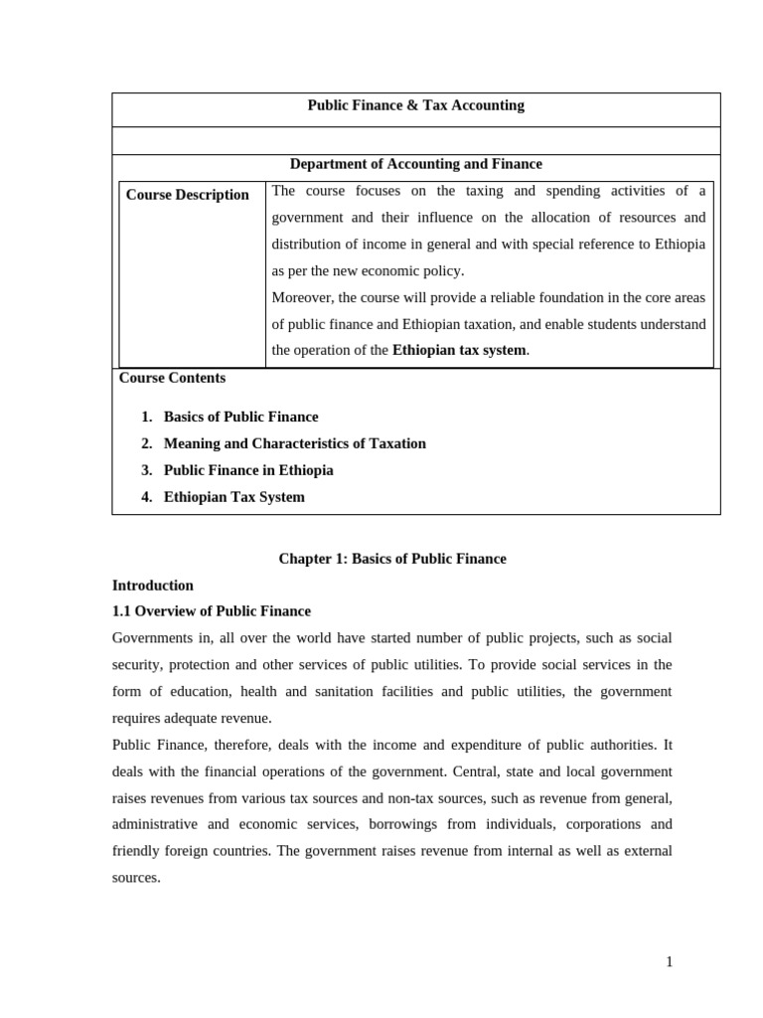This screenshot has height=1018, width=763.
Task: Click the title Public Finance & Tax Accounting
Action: (415, 105)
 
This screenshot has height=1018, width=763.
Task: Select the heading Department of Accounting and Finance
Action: (415, 164)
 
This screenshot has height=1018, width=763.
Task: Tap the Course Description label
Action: (187, 195)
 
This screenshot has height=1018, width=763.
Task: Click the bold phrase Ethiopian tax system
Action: (459, 350)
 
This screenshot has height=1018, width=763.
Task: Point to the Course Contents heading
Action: (172, 378)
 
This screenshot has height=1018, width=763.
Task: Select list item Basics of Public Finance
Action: (240, 417)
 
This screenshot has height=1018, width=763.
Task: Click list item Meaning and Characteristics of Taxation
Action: (294, 443)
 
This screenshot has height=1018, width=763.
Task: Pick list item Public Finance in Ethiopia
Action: (248, 470)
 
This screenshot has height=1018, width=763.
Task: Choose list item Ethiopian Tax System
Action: (233, 497)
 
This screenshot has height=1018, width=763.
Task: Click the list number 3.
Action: (146, 470)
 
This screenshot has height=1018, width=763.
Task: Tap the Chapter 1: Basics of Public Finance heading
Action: (391, 559)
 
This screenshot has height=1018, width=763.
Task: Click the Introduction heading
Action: (152, 586)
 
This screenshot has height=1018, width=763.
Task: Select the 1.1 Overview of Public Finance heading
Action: (211, 611)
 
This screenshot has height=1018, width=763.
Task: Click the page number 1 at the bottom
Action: (669, 961)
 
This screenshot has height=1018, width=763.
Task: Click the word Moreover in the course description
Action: (302, 297)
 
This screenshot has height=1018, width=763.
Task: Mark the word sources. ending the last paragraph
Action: (136, 878)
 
